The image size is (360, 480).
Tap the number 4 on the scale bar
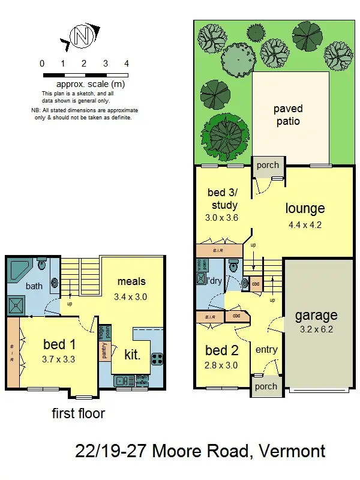click(127, 64)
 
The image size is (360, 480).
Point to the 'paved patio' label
click(287, 115)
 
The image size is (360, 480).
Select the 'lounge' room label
click(305, 208)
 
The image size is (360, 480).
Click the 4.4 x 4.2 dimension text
click(305, 226)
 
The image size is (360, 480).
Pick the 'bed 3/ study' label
click(223, 199)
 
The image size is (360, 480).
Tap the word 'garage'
click(316, 315)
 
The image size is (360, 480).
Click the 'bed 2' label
click(222, 350)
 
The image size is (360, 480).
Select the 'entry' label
click(266, 349)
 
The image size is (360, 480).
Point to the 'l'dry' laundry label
click(215, 280)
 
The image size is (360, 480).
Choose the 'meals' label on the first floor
click(131, 281)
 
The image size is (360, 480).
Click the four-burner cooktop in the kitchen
click(157, 359)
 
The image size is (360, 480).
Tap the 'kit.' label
click(133, 355)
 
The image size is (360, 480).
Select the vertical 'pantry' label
click(104, 351)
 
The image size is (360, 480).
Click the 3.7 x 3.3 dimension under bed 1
click(59, 361)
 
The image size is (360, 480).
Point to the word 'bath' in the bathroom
click(34, 286)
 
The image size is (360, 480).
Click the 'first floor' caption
click(78, 413)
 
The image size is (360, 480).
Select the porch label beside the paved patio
click(268, 165)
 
